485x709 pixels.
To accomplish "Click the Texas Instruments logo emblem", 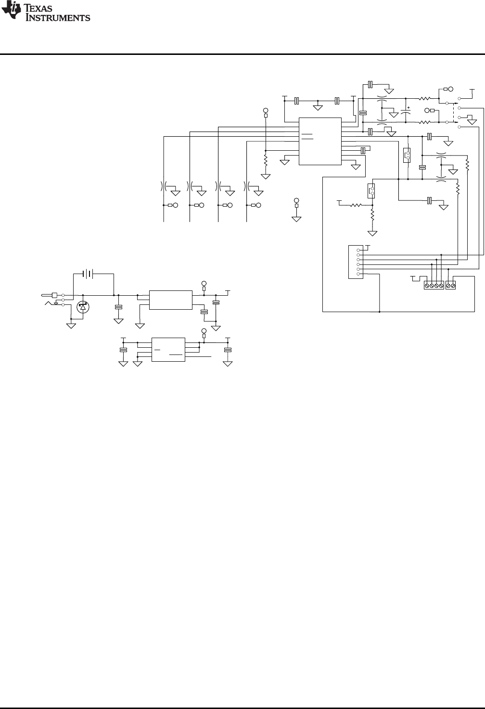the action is click(x=12, y=10).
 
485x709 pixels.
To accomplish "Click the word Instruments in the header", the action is click(x=58, y=18).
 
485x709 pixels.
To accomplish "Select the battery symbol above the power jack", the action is click(x=88, y=274).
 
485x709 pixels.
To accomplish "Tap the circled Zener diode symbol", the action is click(x=83, y=307).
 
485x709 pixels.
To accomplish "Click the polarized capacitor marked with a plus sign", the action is click(x=406, y=111).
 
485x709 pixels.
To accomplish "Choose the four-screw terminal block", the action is click(x=434, y=286).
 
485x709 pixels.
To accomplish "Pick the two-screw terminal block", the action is click(x=450, y=286).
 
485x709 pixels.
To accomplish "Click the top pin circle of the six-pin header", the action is click(x=358, y=250).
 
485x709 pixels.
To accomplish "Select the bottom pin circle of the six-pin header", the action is click(x=358, y=274).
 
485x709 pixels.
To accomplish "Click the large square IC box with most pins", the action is click(x=320, y=141).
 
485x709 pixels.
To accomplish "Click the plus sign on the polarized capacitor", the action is click(x=408, y=107).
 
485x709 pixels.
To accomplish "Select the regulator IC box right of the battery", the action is click(x=171, y=300).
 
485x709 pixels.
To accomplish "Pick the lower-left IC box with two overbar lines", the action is click(x=168, y=350).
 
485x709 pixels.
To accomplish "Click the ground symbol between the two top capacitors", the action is click(x=318, y=107).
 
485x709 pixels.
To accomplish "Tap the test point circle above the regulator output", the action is click(x=204, y=283).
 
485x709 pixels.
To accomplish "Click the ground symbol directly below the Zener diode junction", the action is click(x=71, y=326).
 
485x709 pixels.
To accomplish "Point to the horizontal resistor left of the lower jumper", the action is click(x=356, y=205).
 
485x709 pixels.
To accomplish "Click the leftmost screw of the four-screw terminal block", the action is click(x=427, y=286).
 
